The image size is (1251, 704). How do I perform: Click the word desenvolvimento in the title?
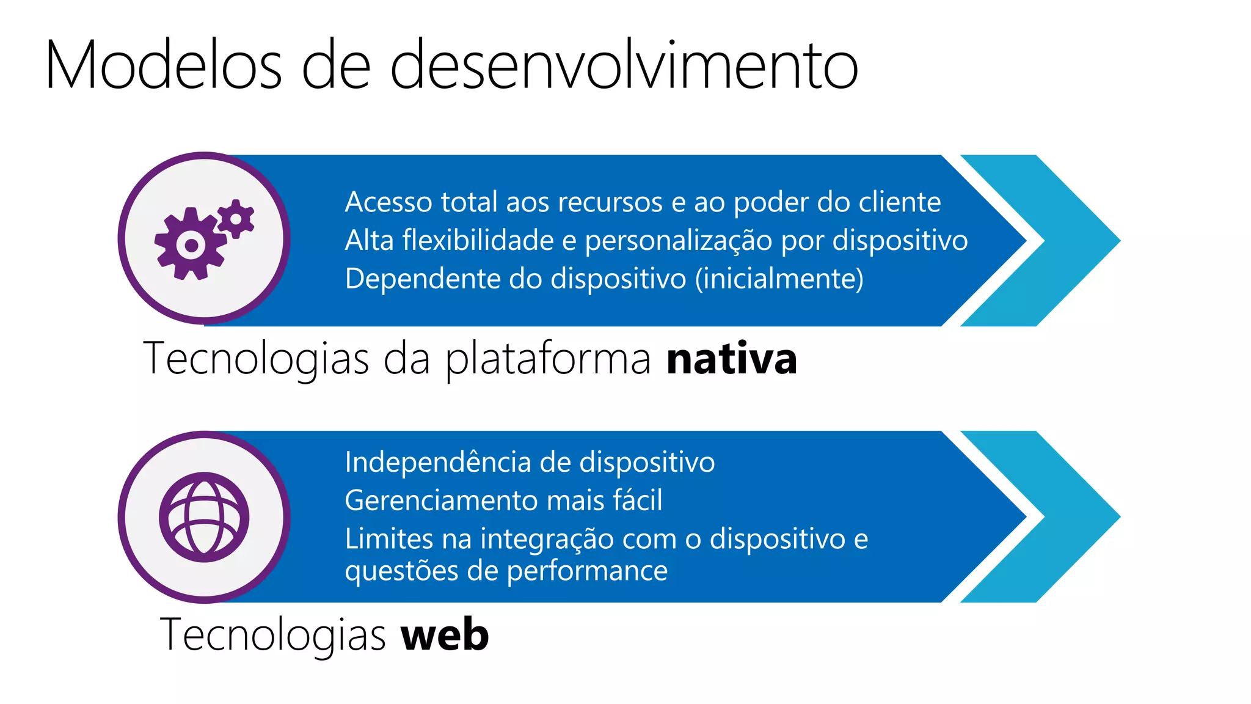(624, 65)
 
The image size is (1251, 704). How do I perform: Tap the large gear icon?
(190, 244)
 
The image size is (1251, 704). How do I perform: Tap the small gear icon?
(236, 218)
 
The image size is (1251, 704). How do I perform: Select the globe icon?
(204, 517)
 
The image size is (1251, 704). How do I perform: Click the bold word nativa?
(731, 359)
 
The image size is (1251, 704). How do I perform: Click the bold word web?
(445, 635)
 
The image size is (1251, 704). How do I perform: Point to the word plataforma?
(548, 359)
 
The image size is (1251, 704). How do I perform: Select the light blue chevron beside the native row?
(1051, 241)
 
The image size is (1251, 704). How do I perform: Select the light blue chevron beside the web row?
(1051, 517)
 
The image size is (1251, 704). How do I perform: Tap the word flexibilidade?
(478, 240)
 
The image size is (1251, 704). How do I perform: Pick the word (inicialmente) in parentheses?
(779, 279)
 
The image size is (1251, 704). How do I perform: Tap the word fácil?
(638, 500)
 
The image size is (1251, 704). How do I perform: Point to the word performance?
(587, 571)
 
